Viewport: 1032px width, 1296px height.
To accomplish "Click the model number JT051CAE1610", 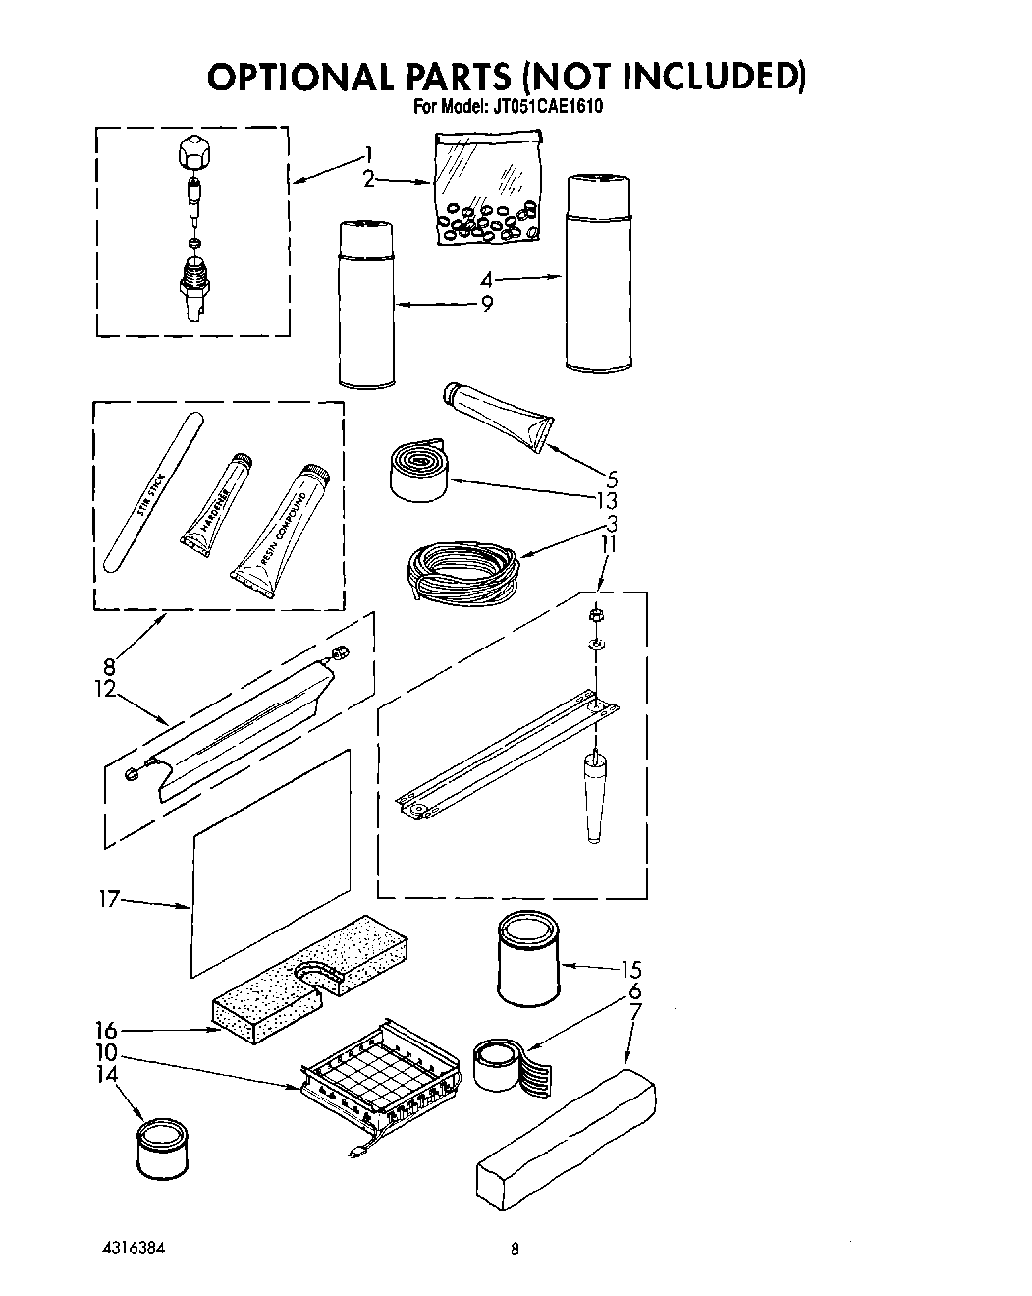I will [x=546, y=107].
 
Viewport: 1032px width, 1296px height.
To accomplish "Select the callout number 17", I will [x=109, y=898].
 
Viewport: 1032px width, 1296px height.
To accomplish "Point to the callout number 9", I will [x=486, y=305].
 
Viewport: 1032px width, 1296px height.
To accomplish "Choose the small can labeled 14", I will [x=161, y=1146].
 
